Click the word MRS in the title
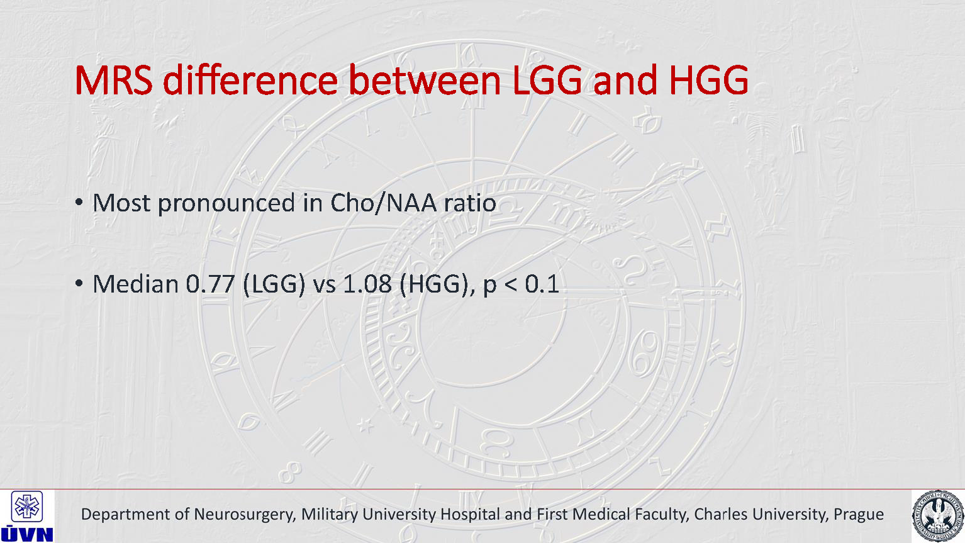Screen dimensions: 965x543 point(114,80)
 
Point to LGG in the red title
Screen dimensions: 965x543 point(549,80)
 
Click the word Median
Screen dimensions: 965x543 point(136,284)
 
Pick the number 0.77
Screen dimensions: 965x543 point(210,284)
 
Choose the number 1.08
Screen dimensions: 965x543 point(367,284)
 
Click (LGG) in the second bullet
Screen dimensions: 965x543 point(274,284)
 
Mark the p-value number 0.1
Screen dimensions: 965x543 point(542,284)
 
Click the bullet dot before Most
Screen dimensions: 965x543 point(79,202)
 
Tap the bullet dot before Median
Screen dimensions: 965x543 point(79,284)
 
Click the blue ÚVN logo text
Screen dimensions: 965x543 point(27,534)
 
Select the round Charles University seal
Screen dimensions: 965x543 point(938,516)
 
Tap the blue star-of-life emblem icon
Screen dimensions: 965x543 point(27,507)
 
